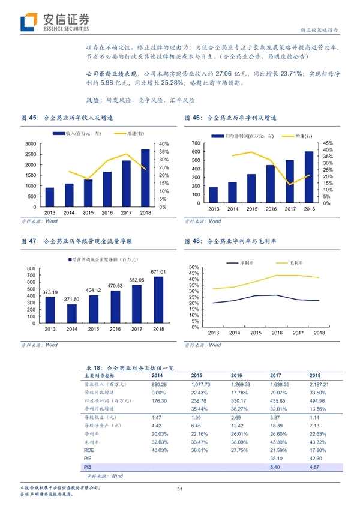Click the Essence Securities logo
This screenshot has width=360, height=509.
(x=55, y=22)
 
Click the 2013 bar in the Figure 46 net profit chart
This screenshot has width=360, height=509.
(x=213, y=197)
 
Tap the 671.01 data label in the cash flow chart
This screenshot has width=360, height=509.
(x=158, y=272)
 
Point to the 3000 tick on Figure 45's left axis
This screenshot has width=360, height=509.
(x=30, y=144)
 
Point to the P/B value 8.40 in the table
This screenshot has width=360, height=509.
(x=276, y=466)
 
